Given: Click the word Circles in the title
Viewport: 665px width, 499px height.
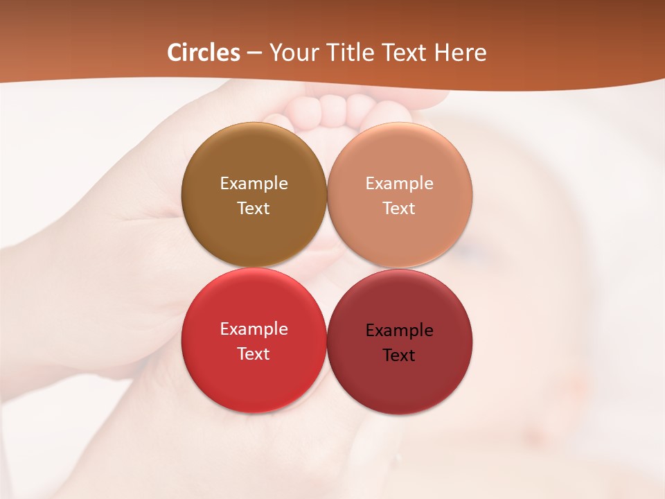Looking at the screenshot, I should [204, 53].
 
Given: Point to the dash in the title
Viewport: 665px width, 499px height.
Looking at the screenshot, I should [254, 53].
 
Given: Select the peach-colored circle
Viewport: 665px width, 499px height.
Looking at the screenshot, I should [400, 236].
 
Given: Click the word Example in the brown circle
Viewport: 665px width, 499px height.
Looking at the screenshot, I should [254, 184].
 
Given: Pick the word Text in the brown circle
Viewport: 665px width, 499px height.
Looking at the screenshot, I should [254, 209].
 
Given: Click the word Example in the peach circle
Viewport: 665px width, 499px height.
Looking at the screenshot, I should [400, 184].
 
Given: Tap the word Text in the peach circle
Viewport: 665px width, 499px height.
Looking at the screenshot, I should [400, 209].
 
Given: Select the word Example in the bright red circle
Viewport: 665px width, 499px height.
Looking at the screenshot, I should [254, 329].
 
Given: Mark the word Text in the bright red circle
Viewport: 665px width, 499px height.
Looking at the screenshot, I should [254, 354].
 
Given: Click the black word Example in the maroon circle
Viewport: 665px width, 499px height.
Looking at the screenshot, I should [400, 331].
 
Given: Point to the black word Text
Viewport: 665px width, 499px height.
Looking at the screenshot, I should [400, 356].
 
